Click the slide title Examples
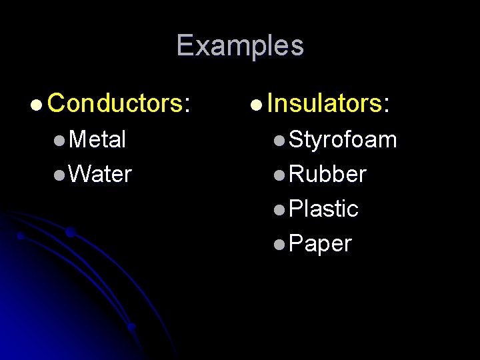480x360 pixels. coord(240,46)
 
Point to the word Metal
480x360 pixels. coord(97,139)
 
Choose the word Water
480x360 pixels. coord(100,174)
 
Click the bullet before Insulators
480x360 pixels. coord(256,105)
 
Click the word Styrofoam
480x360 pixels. coord(343,139)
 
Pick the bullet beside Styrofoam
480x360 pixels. coord(280,141)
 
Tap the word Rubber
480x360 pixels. coord(328,174)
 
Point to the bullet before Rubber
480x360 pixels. coord(280,175)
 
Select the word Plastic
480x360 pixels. coord(324,209)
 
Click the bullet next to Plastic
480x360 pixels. coord(280,210)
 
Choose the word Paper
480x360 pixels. coord(321,244)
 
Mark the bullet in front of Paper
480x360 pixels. coord(280,245)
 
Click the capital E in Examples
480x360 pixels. coord(185,46)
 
